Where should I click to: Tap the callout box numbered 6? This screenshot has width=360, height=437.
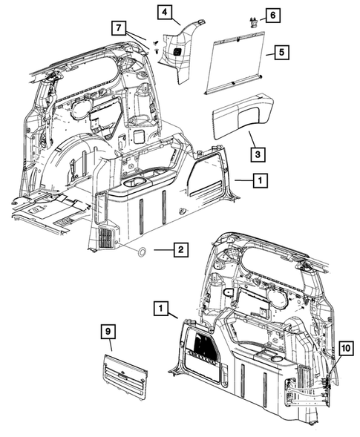click(272, 15)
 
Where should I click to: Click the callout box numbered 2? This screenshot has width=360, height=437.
click(178, 251)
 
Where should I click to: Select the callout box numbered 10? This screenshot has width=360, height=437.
click(346, 348)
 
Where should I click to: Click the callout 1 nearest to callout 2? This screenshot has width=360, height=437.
click(258, 180)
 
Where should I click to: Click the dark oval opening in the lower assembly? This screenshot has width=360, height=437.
click(229, 292)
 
